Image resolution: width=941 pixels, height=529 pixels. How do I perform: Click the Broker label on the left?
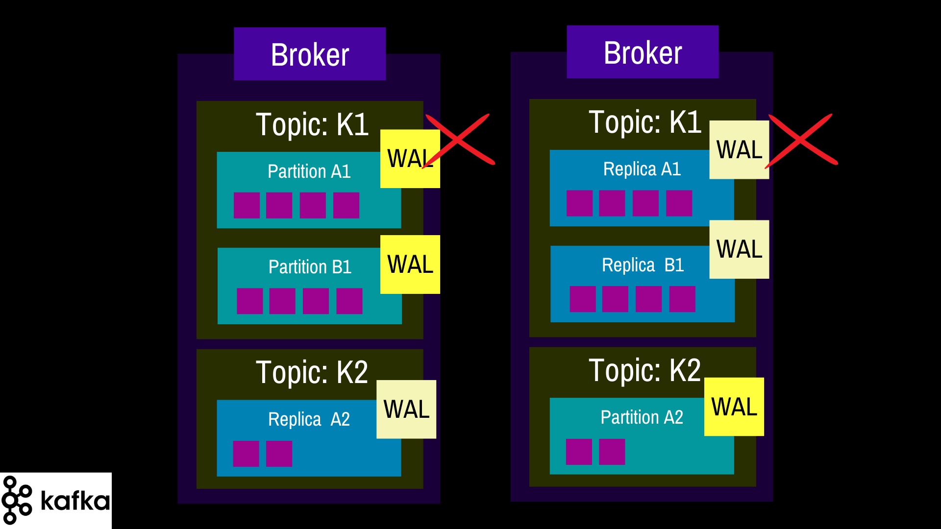(310, 54)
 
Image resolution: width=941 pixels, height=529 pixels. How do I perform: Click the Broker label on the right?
(643, 52)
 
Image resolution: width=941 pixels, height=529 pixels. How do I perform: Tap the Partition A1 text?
(309, 171)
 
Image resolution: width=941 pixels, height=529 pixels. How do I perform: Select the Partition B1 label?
(310, 267)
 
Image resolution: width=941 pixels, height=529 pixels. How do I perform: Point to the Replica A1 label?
(642, 169)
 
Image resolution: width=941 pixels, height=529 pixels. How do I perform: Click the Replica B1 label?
(643, 265)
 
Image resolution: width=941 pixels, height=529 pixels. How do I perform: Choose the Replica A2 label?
(309, 419)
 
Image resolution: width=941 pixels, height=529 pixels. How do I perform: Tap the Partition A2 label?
(642, 417)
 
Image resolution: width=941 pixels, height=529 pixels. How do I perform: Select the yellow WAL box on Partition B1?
(410, 264)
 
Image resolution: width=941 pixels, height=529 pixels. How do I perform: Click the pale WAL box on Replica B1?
(739, 249)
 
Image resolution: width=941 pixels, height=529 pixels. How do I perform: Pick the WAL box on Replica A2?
(406, 409)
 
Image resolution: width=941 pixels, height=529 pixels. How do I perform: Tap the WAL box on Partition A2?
(734, 407)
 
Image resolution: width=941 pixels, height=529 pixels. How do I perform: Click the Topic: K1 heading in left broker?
(312, 124)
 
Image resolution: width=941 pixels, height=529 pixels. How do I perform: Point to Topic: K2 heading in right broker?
(645, 370)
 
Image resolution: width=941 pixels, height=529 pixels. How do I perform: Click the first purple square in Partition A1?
(247, 205)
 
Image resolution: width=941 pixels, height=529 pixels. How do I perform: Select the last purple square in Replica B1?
(682, 299)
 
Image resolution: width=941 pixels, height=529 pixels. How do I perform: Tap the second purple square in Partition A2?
(612, 452)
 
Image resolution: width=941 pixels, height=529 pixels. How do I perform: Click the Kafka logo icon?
(17, 500)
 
